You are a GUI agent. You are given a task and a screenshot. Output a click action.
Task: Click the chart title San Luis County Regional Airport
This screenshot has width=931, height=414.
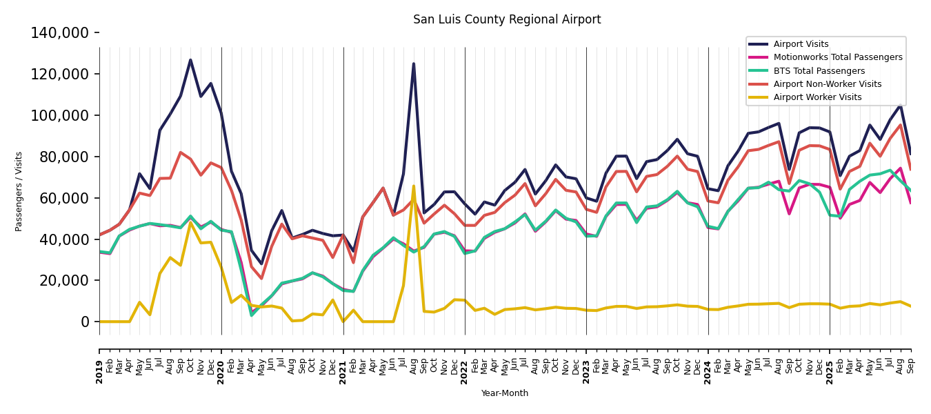coord(507,20)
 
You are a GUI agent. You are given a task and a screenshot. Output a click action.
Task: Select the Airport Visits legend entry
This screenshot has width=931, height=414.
coord(801,44)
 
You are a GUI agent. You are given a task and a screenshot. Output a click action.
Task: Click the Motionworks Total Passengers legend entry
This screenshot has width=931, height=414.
coord(837,57)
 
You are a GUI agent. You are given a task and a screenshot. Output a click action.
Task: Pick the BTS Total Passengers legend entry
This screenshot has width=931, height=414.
coord(819,71)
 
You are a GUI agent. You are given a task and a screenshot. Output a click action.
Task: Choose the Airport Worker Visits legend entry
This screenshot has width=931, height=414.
coord(817,97)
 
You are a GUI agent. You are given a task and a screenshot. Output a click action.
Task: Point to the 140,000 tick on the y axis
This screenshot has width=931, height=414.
coord(60,33)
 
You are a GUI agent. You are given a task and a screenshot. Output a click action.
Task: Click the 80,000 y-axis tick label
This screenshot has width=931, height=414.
coord(63,157)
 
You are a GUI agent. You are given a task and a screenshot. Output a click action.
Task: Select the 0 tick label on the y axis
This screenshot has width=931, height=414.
coord(85,322)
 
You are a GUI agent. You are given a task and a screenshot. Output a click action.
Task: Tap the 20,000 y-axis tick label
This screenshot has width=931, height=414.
coord(63,280)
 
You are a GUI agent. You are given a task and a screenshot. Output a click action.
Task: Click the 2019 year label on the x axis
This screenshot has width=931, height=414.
coord(99,371)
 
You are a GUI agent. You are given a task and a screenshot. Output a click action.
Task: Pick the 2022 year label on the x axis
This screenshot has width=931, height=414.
coord(465,371)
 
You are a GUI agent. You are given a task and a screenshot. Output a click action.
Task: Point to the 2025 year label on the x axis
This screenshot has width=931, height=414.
coord(830,371)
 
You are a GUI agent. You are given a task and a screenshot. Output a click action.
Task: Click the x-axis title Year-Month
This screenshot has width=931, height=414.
coord(505,393)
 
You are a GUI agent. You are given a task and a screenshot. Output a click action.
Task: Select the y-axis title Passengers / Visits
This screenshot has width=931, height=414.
coord(19,191)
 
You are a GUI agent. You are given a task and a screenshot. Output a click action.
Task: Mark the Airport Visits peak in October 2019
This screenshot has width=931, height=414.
coord(191,60)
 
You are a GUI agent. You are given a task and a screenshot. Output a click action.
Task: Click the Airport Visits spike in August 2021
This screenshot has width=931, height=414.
coord(414,63)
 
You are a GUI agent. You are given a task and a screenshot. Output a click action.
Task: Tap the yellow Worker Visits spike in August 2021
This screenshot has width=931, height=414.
coord(414,186)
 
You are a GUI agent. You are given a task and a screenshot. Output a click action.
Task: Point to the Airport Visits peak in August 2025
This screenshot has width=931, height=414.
coord(900,106)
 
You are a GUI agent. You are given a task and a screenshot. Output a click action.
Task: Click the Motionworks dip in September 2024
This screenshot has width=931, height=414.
coord(789,214)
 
